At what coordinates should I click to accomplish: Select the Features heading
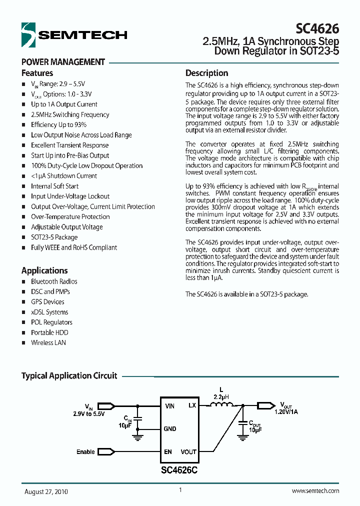(37, 73)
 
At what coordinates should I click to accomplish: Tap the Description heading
(206, 73)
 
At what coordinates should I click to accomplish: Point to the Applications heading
(44, 270)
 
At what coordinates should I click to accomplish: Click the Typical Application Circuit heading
(69, 375)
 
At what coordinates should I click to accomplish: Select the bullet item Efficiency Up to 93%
(58, 125)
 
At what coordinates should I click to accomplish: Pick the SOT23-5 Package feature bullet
(54, 237)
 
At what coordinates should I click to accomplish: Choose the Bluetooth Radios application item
(54, 281)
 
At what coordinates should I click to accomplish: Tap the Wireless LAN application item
(48, 343)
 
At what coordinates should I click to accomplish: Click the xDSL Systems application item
(49, 312)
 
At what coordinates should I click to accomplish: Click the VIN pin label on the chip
(170, 406)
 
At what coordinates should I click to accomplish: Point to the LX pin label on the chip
(192, 405)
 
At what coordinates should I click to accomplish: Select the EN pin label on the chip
(168, 452)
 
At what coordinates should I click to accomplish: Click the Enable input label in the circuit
(85, 452)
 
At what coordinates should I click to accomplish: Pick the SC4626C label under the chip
(178, 470)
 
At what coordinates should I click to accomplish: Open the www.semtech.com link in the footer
(315, 491)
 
